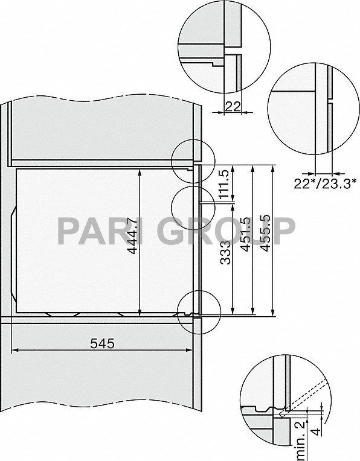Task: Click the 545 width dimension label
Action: click(102, 344)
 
